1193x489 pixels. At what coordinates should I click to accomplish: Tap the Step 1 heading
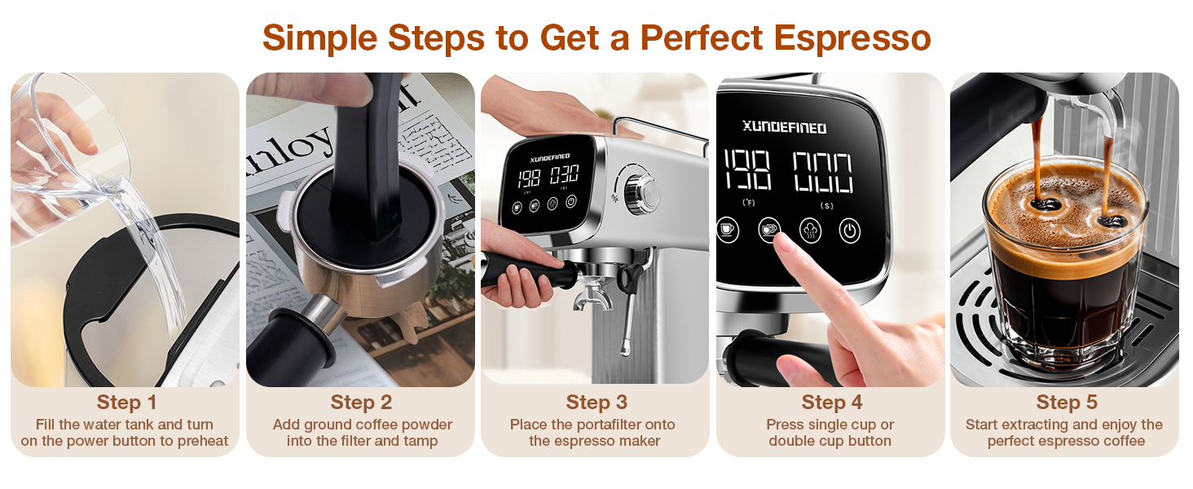click(x=126, y=403)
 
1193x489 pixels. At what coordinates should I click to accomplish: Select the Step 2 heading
click(x=361, y=403)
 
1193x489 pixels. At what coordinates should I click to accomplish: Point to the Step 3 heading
click(x=596, y=403)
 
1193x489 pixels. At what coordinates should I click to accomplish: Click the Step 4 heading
click(x=832, y=403)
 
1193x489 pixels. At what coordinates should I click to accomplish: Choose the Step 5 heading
click(x=1066, y=403)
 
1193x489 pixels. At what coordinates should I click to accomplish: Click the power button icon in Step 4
click(x=850, y=230)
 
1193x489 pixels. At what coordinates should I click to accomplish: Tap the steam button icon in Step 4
click(x=810, y=230)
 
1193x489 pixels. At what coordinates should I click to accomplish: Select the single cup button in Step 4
click(x=728, y=230)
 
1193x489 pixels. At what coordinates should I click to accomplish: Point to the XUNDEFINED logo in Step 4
click(x=784, y=128)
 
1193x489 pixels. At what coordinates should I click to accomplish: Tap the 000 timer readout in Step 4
click(x=823, y=172)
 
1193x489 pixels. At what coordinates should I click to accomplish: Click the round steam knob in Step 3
click(x=642, y=192)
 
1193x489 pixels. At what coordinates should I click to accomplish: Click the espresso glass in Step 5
click(x=1063, y=269)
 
